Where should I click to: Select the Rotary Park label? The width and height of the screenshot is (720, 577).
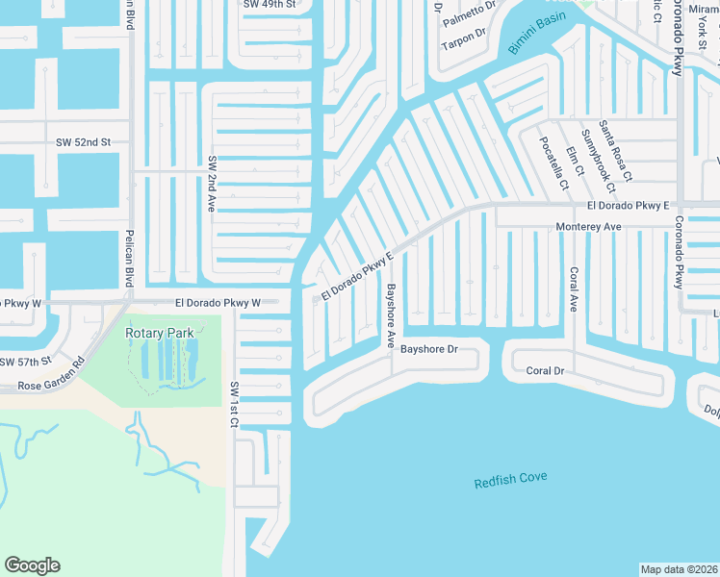click(x=160, y=334)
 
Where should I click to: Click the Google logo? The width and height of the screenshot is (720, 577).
click(x=32, y=565)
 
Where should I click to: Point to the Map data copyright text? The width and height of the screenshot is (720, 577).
click(x=680, y=569)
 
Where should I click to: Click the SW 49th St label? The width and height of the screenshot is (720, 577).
click(x=270, y=4)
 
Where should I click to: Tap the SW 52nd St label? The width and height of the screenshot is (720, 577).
click(x=83, y=142)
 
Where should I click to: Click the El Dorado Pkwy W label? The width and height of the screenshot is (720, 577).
click(x=219, y=303)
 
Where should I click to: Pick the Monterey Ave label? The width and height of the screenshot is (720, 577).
click(x=590, y=226)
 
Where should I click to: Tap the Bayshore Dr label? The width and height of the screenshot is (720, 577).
click(x=429, y=349)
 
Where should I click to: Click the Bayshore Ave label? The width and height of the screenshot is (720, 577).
click(x=392, y=314)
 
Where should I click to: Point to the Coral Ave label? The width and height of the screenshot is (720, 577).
click(x=573, y=288)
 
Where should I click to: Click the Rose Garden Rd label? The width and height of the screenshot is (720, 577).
click(x=51, y=374)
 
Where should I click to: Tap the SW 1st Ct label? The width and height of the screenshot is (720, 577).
click(x=234, y=404)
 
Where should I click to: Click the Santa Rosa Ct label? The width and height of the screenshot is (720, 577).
click(x=615, y=151)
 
